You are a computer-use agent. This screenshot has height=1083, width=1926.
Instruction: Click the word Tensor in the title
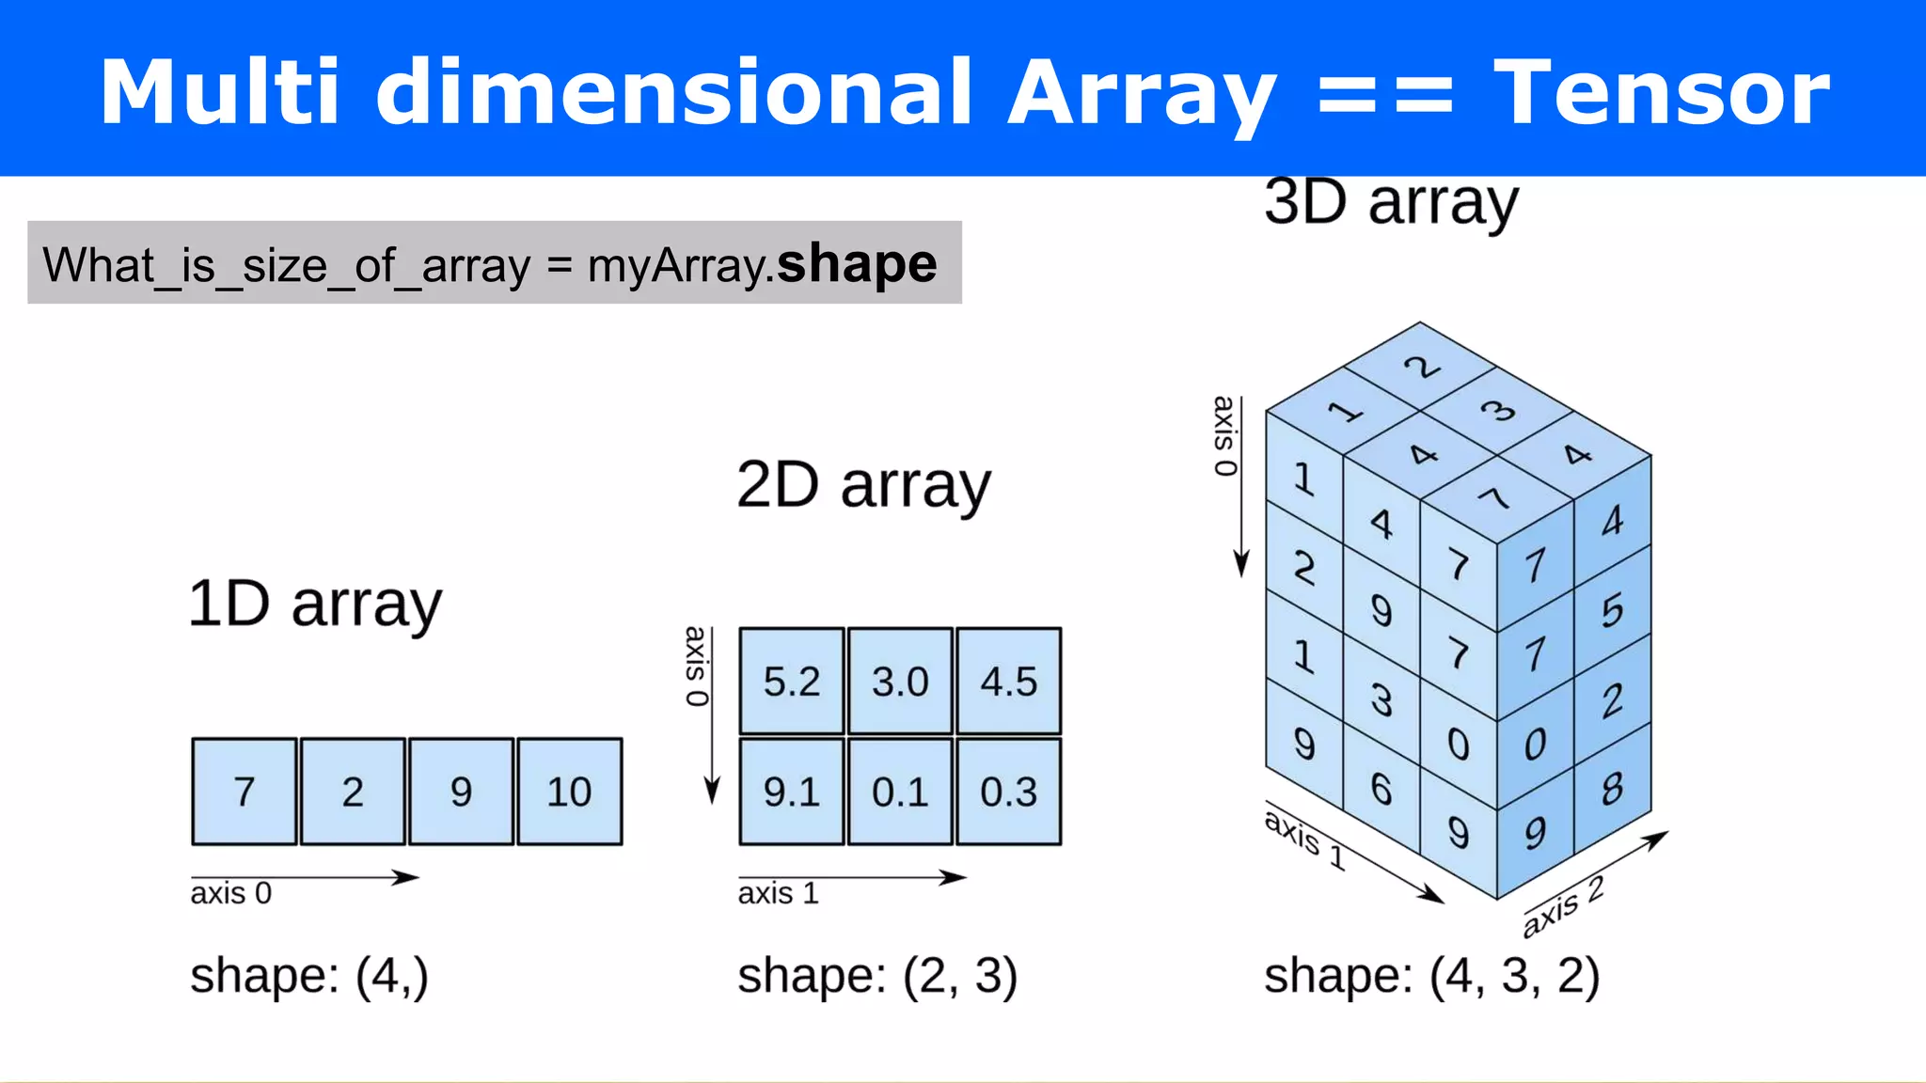coord(1661,92)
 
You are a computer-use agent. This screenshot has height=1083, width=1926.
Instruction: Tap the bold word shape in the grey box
coord(857,263)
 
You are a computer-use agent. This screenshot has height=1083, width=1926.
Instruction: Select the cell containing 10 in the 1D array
coord(569,792)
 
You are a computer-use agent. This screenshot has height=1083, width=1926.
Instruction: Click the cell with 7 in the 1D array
coord(245,792)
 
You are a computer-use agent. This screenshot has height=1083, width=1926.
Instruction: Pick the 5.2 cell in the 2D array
coord(791,682)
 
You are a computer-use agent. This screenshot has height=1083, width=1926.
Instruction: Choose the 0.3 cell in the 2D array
coord(1008,792)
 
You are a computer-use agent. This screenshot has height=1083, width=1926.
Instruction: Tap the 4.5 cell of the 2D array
coord(1008,682)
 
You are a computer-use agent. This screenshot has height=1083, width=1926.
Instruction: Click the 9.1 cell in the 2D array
coord(791,792)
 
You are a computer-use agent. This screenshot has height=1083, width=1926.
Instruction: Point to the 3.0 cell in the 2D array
coord(900,682)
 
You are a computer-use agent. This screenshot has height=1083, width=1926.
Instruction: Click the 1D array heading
coord(315,604)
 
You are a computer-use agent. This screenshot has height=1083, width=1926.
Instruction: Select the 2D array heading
coord(863,486)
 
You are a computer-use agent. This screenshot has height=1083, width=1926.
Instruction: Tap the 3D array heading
coord(1391,202)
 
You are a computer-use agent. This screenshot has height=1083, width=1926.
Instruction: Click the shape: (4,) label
coord(309,975)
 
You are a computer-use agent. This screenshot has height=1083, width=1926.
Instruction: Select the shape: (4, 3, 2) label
coord(1431,975)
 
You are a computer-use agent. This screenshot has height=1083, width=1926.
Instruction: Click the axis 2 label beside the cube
coord(1563,906)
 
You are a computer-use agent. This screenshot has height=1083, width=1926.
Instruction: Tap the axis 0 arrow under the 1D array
coord(305,878)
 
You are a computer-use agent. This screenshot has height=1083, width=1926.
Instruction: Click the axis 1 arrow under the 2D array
coord(852,878)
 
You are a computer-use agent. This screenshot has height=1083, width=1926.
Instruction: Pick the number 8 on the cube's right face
coord(1612,789)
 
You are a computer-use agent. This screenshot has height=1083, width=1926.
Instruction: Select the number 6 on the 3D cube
coord(1381,789)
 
